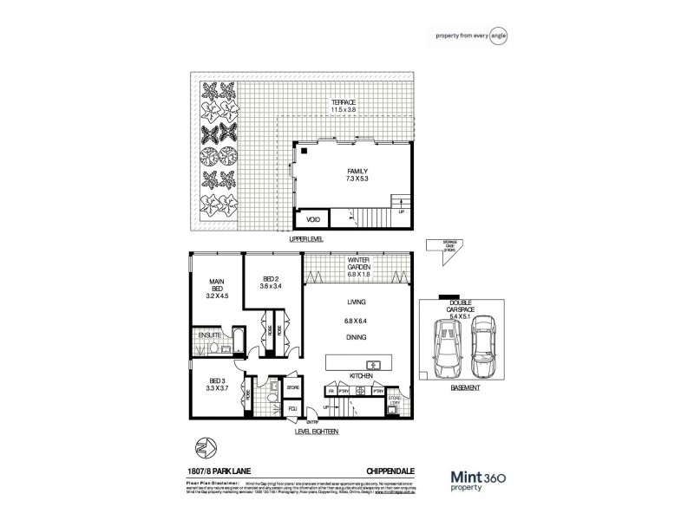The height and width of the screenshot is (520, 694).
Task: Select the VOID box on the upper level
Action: coord(313,220)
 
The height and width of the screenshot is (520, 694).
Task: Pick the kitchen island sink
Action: coord(375,365)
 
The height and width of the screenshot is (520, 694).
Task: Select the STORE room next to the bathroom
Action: coord(293,387)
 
